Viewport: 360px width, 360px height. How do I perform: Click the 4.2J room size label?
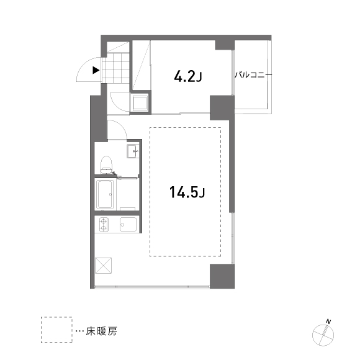(x=188, y=76)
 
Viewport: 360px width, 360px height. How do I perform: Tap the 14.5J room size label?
(x=187, y=192)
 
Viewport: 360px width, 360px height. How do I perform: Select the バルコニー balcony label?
(x=253, y=75)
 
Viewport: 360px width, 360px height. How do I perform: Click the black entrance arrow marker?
(x=96, y=70)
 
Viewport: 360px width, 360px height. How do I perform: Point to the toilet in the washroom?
(x=106, y=164)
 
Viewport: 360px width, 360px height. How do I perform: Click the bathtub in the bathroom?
(x=106, y=194)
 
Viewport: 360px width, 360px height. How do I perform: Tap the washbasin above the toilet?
(x=132, y=151)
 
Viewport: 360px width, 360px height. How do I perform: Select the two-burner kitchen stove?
(x=104, y=224)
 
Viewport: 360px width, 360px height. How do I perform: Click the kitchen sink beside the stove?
(x=128, y=224)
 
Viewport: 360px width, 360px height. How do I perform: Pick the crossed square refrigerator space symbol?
(x=103, y=266)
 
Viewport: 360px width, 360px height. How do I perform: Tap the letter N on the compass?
(x=328, y=322)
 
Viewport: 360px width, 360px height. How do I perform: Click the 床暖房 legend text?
(x=101, y=331)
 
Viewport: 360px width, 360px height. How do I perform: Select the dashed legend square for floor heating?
(x=56, y=330)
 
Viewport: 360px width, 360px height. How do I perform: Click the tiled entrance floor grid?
(x=115, y=68)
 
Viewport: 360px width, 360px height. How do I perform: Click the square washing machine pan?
(x=139, y=103)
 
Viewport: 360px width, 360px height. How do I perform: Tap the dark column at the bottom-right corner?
(x=222, y=276)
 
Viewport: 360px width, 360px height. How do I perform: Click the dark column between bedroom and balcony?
(x=222, y=107)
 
